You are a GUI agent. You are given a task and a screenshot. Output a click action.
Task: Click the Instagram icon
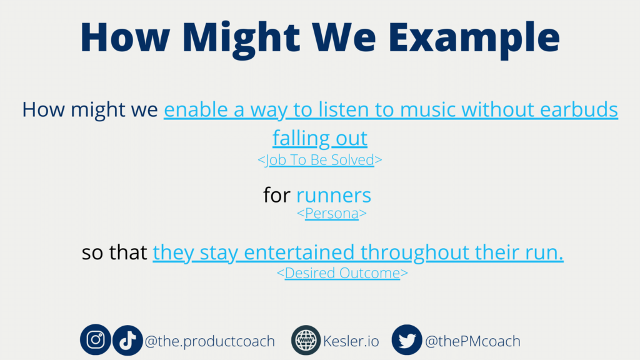click(95, 340)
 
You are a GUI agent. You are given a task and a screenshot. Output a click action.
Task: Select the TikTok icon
click(127, 340)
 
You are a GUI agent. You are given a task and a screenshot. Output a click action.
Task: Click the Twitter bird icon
click(407, 340)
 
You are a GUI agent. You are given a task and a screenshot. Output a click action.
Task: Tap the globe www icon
click(306, 340)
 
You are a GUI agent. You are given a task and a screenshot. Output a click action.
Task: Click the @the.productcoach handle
click(210, 341)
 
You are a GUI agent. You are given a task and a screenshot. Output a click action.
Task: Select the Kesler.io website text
click(351, 341)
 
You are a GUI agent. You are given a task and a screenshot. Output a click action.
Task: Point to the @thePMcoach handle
click(472, 341)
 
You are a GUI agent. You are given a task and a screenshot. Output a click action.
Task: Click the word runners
click(334, 195)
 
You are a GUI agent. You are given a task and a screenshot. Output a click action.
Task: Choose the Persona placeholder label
click(332, 213)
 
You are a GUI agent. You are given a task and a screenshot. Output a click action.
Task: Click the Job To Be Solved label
click(320, 160)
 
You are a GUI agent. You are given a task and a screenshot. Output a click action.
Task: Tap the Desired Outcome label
click(342, 273)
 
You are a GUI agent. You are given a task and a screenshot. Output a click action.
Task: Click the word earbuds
click(579, 109)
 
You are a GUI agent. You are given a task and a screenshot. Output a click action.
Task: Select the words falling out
click(320, 138)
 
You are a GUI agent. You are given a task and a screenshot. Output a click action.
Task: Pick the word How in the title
click(125, 37)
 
